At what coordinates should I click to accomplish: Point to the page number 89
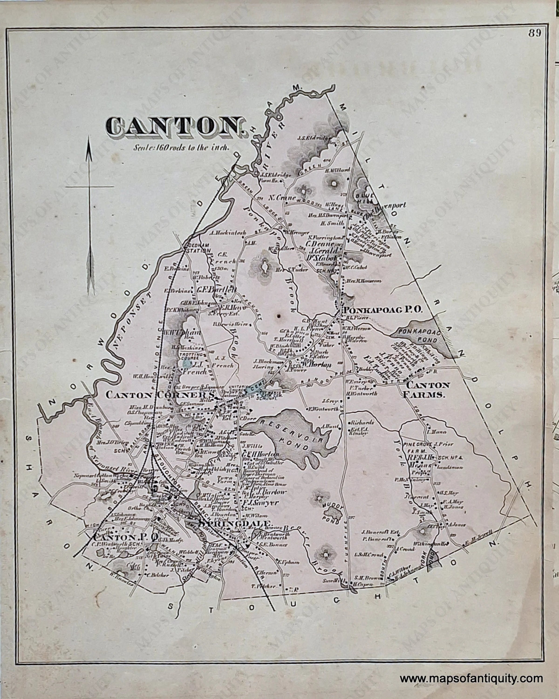pyautogui.click(x=535, y=33)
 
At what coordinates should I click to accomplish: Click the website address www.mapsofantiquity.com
pyautogui.click(x=471, y=669)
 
